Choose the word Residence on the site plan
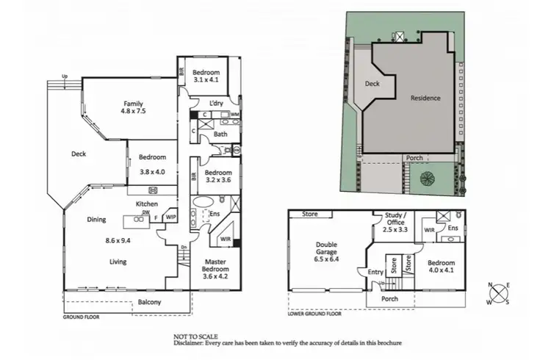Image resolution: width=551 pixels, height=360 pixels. click(x=425, y=98)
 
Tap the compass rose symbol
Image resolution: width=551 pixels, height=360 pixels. click(x=499, y=292)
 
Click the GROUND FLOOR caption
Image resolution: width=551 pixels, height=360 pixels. click(x=81, y=317)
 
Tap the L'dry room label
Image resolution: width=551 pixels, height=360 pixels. click(x=216, y=104)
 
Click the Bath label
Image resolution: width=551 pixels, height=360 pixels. click(x=220, y=134)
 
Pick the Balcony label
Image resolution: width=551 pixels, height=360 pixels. click(x=151, y=303)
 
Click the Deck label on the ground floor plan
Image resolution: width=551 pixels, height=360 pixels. click(x=79, y=154)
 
